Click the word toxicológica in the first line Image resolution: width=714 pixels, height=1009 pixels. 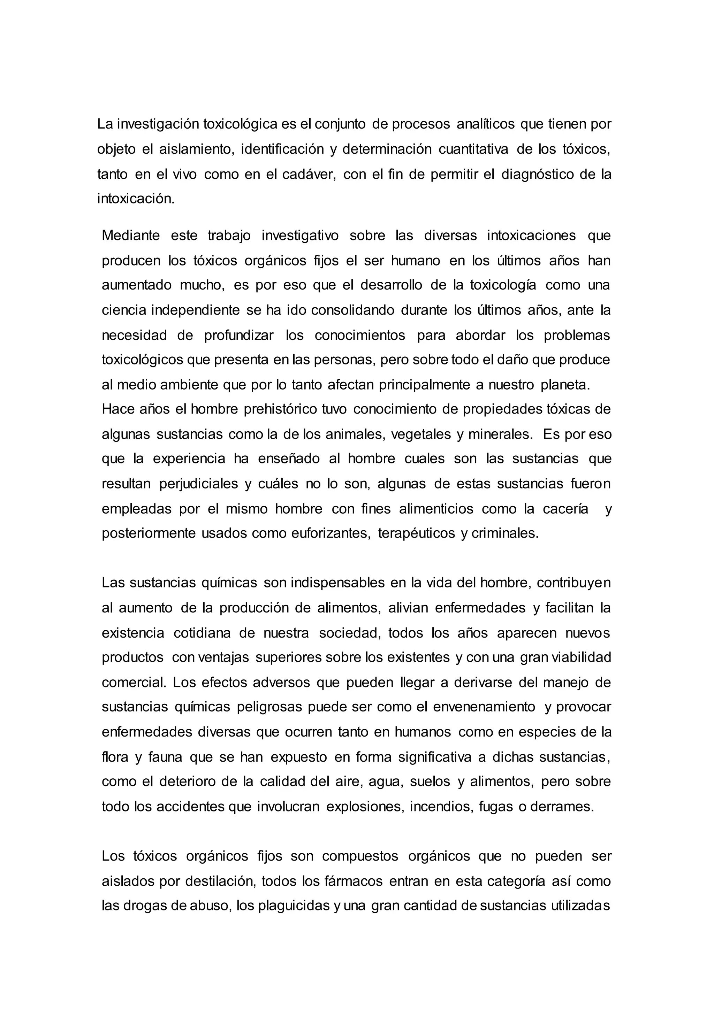pos(240,124)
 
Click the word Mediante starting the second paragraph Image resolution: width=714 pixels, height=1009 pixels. pos(131,236)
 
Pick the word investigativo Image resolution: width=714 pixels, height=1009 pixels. pos(300,236)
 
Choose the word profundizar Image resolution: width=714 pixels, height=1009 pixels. pos(239,335)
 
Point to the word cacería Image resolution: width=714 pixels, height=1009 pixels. pos(565,509)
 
